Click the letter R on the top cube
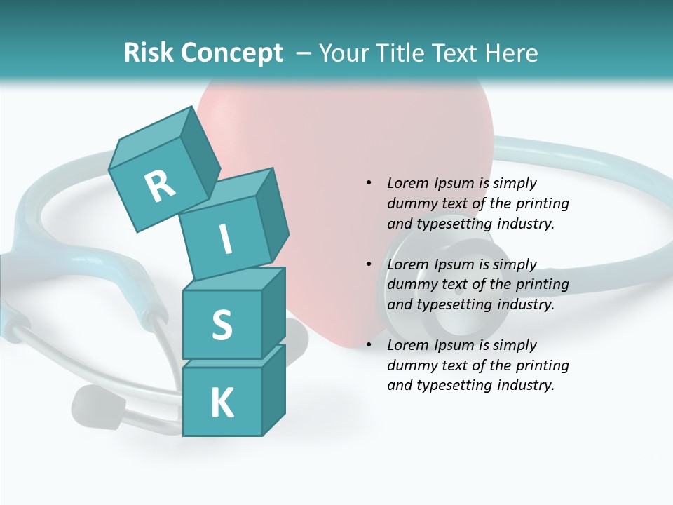pyautogui.click(x=161, y=185)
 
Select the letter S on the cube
pyautogui.click(x=222, y=325)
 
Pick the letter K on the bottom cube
pyautogui.click(x=222, y=403)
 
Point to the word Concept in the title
pyautogui.click(x=232, y=53)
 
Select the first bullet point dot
pyautogui.click(x=369, y=183)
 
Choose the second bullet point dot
pyautogui.click(x=369, y=264)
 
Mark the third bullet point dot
pyautogui.click(x=369, y=345)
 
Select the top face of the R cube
pyautogui.click(x=149, y=133)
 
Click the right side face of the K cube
pyautogui.click(x=273, y=389)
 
